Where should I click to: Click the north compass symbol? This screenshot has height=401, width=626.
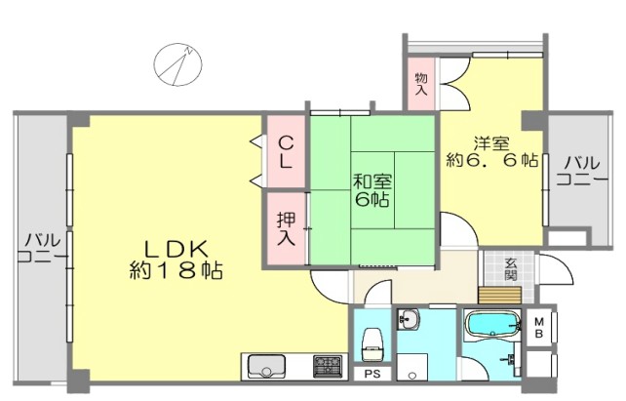(x=178, y=64)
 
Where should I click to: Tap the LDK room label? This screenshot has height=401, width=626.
(x=176, y=250)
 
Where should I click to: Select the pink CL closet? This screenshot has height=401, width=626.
(x=286, y=151)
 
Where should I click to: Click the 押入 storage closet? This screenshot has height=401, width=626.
(x=287, y=228)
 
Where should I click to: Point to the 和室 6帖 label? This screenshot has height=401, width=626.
(x=372, y=190)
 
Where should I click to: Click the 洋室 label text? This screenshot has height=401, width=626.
(x=491, y=143)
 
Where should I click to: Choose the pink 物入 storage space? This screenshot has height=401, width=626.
(x=421, y=84)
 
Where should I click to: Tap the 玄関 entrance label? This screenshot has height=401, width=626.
(x=510, y=269)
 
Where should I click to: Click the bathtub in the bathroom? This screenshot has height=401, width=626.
(x=493, y=324)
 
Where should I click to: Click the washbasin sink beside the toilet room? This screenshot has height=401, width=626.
(x=408, y=319)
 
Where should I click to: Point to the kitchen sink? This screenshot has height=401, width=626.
(x=266, y=366)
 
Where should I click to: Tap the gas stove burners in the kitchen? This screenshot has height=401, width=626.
(x=328, y=366)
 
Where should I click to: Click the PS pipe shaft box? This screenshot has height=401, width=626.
(x=372, y=375)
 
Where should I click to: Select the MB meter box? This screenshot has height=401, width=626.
(x=538, y=328)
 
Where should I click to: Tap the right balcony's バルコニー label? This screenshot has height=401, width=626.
(x=582, y=172)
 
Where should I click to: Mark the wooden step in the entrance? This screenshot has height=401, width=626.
(x=500, y=296)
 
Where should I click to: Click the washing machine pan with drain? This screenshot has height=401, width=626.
(x=412, y=367)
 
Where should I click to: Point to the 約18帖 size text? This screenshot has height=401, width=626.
(x=176, y=271)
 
